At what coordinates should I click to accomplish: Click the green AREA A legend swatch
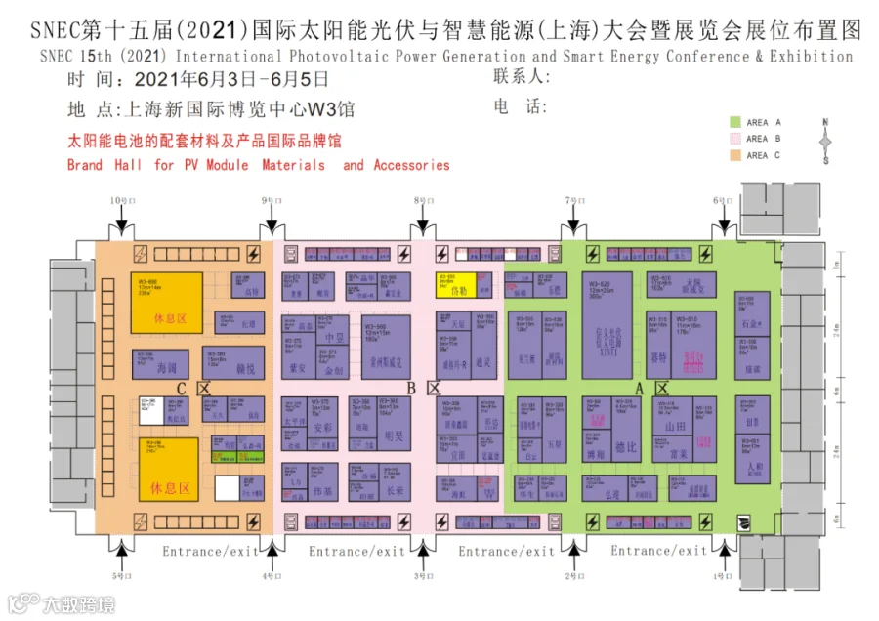click(734, 122)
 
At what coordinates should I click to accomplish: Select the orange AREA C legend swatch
click(734, 154)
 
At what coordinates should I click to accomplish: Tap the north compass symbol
click(825, 141)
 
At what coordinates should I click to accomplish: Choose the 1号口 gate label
click(722, 576)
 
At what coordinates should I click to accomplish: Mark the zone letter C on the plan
click(181, 389)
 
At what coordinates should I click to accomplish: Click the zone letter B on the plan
click(411, 389)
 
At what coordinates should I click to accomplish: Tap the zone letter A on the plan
click(640, 389)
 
